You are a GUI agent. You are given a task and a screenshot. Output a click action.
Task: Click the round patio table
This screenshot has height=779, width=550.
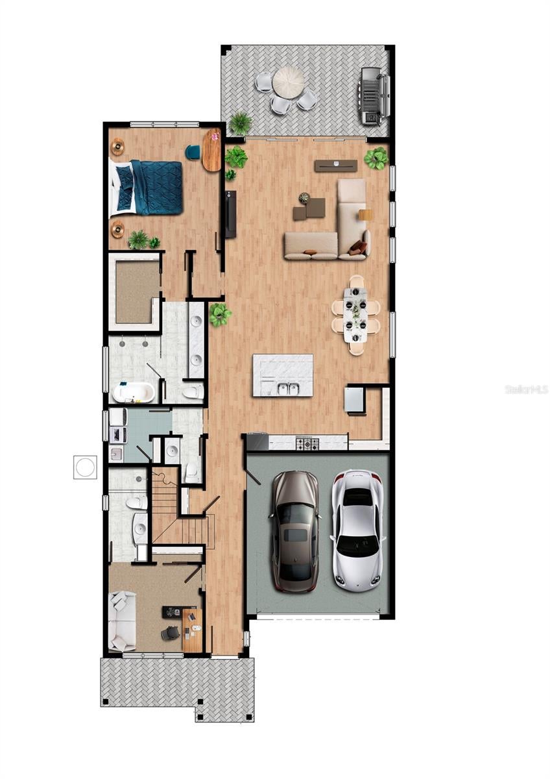288,82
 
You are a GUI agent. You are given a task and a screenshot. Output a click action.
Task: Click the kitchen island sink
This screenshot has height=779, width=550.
285,389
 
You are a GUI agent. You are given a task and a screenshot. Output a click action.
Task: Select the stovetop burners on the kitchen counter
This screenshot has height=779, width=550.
307,444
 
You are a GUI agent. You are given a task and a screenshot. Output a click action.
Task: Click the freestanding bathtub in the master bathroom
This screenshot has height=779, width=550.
134,392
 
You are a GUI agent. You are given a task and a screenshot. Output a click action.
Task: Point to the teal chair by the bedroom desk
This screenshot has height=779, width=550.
193,152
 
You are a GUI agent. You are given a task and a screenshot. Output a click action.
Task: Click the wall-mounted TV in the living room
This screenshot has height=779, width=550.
230,214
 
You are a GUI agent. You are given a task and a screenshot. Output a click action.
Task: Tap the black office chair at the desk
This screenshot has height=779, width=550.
170,632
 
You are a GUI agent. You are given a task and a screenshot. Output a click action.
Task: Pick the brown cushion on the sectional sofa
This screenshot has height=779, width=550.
357,247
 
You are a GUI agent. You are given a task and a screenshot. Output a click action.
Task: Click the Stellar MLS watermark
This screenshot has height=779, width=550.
527,389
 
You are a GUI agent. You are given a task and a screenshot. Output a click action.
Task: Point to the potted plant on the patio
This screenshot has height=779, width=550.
241,122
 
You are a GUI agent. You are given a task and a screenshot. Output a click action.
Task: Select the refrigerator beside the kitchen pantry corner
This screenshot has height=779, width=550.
353,400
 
